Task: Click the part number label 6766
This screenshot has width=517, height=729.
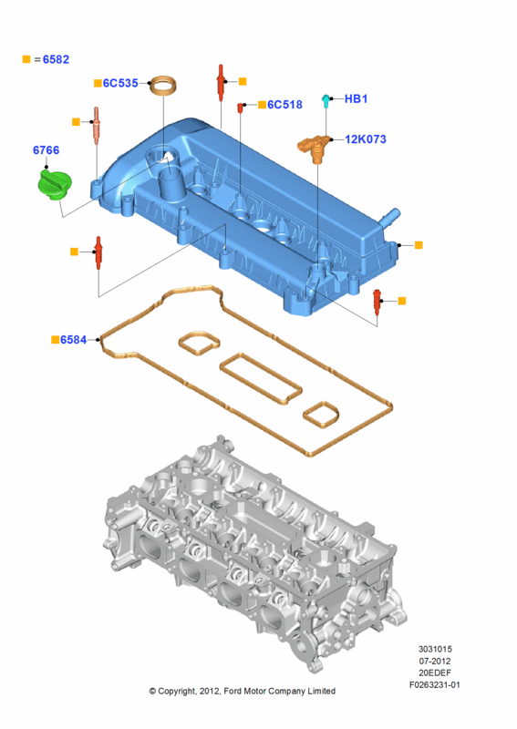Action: coord(47,150)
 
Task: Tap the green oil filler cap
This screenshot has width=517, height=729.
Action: coord(54,186)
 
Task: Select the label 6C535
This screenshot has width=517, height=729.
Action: coord(120,83)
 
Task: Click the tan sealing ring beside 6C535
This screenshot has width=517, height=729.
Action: coord(164,85)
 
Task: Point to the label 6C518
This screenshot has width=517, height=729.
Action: coord(284,105)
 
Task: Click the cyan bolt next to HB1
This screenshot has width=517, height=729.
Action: coord(326,100)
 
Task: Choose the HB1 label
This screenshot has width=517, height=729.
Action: coord(356,98)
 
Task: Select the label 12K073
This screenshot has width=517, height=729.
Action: coord(366,139)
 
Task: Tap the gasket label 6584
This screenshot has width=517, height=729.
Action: coord(74,340)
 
